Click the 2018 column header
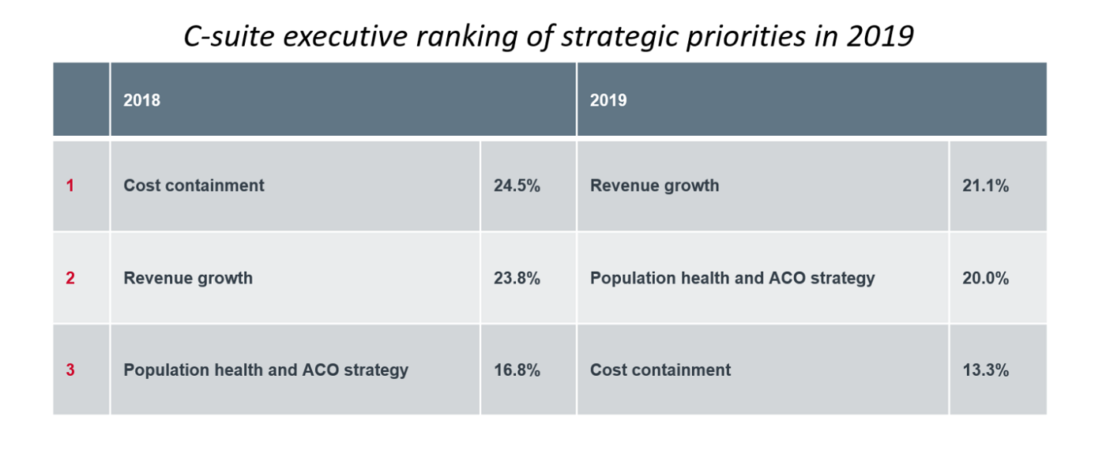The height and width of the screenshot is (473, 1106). tap(142, 100)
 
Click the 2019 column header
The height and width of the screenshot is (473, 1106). tap(608, 100)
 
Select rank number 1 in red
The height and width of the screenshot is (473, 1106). tap(70, 186)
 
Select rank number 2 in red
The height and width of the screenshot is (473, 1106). tap(70, 278)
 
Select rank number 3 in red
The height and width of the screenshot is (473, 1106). tap(70, 370)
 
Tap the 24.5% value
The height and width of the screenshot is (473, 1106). tap(517, 186)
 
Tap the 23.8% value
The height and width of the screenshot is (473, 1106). tap(517, 278)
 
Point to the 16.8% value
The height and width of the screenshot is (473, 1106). tap(517, 370)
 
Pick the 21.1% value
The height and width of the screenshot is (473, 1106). tap(985, 186)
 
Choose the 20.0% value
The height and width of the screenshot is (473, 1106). tap(985, 278)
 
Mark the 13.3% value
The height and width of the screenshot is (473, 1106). tap(985, 370)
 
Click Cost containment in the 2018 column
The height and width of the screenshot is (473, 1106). tap(194, 186)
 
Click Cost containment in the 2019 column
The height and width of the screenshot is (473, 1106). tap(660, 370)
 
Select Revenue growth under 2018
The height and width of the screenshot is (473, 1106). tap(188, 278)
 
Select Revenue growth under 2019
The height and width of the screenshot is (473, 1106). tap(654, 186)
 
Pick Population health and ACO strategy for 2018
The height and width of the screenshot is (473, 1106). tap(265, 370)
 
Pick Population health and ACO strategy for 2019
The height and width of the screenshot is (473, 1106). tap(732, 278)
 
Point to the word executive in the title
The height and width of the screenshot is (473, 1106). tap(338, 37)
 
